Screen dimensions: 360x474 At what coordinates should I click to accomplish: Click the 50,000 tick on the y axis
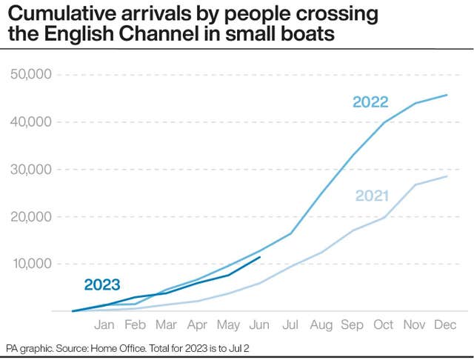[x=30, y=75]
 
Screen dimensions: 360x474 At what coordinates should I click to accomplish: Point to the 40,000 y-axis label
[x=30, y=122]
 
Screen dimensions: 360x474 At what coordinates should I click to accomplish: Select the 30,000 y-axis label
[x=30, y=170]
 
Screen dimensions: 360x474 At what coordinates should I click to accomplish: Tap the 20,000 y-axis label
[x=30, y=217]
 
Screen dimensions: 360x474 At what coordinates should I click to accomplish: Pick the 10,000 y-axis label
[x=30, y=264]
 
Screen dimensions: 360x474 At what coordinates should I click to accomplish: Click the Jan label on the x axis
[x=104, y=324]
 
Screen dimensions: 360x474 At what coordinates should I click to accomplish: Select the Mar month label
[x=166, y=324]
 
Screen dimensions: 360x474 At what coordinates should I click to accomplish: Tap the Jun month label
[x=259, y=324]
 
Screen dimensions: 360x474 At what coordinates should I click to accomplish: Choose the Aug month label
[x=321, y=324]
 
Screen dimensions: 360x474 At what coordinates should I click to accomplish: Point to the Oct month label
[x=384, y=324]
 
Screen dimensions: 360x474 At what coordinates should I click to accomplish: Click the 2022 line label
[x=370, y=102]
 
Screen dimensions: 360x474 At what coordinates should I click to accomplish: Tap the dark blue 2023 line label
[x=102, y=284]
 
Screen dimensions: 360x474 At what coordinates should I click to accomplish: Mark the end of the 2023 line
[x=259, y=257]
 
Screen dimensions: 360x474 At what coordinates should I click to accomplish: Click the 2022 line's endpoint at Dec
[x=447, y=95]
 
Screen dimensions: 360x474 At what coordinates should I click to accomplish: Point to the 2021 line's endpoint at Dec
[x=447, y=176]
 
